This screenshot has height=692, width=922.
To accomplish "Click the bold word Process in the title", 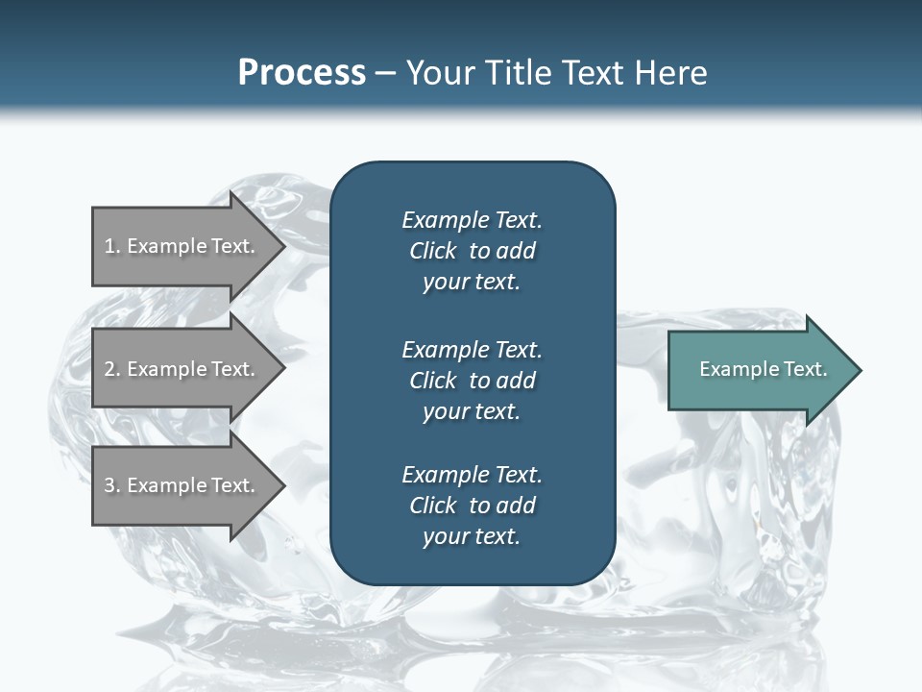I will [x=302, y=73].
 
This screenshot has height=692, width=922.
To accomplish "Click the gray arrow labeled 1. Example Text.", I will [x=182, y=246].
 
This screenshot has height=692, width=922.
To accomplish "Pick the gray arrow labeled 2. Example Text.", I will [x=182, y=369].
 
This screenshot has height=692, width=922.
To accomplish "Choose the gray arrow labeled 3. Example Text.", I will [x=182, y=485].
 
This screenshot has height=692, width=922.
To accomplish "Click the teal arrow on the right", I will [x=759, y=370].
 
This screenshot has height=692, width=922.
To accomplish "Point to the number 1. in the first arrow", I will [x=111, y=246].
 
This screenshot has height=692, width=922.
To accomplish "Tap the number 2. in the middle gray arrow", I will [x=111, y=369].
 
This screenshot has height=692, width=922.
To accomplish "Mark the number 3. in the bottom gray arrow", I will [x=111, y=485].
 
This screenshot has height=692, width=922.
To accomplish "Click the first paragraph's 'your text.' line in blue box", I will [x=472, y=283].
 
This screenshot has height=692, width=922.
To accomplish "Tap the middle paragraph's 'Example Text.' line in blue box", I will [x=472, y=349].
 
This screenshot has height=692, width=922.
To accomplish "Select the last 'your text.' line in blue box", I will [x=472, y=537].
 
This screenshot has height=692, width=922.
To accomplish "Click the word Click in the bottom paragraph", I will [x=433, y=506].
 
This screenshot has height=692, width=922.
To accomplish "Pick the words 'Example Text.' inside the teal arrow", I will [x=764, y=369].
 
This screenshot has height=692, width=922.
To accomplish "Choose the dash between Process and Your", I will [x=384, y=73].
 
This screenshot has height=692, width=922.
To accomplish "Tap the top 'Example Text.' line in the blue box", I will [x=472, y=220].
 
